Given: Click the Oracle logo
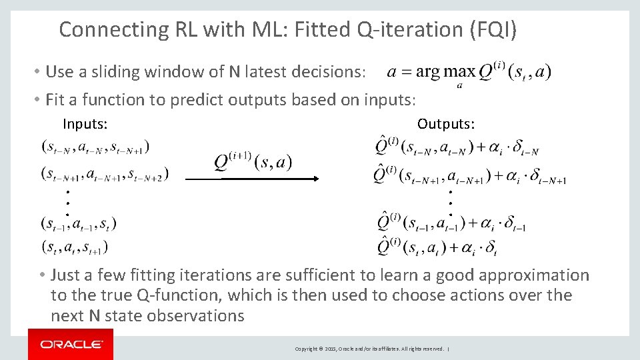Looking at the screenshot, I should (x=71, y=344).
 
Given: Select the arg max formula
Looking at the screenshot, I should (x=469, y=73).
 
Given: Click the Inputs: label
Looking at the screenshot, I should (x=85, y=123).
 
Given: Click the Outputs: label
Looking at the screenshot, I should (x=446, y=123).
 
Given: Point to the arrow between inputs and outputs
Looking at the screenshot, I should (x=253, y=179).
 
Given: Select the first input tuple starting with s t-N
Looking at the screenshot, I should (x=95, y=145).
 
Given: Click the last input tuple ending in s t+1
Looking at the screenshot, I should (x=74, y=247).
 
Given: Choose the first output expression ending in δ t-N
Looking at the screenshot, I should (x=457, y=147).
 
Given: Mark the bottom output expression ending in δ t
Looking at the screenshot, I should (x=437, y=247).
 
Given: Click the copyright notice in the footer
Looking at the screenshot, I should (x=369, y=349).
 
